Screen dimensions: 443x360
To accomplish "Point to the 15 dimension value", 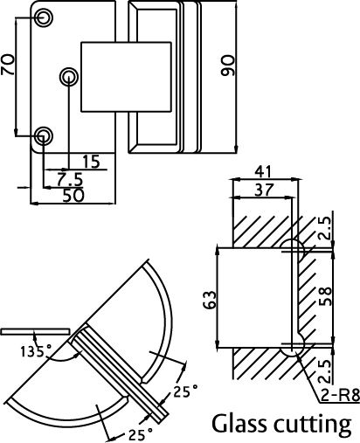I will click(x=90, y=162).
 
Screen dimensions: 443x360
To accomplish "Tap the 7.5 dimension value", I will click(x=69, y=178).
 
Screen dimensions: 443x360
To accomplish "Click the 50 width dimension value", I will click(x=73, y=196).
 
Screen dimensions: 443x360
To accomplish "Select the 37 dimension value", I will click(x=261, y=190).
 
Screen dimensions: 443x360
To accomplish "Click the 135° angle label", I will click(x=36, y=351).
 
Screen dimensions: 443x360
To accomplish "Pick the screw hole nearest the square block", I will click(x=68, y=78).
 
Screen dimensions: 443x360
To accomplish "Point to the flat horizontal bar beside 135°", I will click(x=34, y=332).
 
